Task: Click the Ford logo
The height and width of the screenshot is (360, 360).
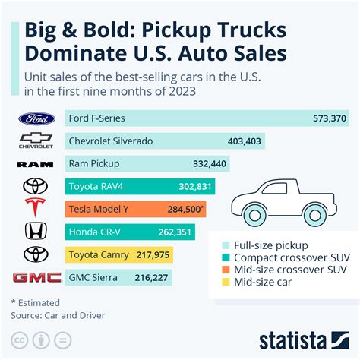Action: (x=36, y=118)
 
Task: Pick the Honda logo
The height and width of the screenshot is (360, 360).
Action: (x=36, y=232)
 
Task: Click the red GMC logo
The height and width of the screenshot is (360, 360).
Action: (x=36, y=277)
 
